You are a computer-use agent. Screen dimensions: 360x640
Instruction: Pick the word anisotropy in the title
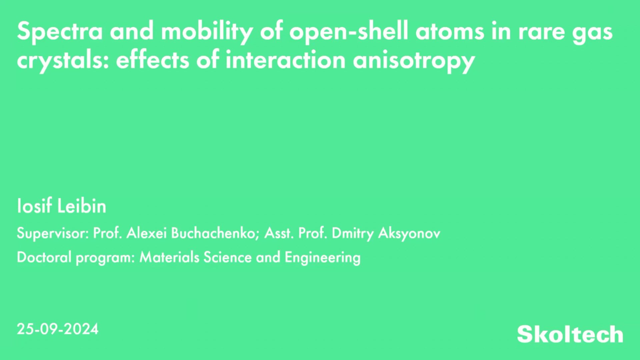(x=414, y=61)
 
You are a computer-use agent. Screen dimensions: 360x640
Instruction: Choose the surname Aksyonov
(x=409, y=233)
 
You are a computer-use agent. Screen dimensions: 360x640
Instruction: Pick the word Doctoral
(x=44, y=257)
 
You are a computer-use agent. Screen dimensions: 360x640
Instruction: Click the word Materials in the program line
(x=169, y=257)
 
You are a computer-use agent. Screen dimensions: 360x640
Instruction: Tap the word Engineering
(x=322, y=258)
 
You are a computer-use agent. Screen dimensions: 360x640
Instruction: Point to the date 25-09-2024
(x=58, y=329)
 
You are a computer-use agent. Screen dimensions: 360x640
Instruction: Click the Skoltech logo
(x=570, y=334)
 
